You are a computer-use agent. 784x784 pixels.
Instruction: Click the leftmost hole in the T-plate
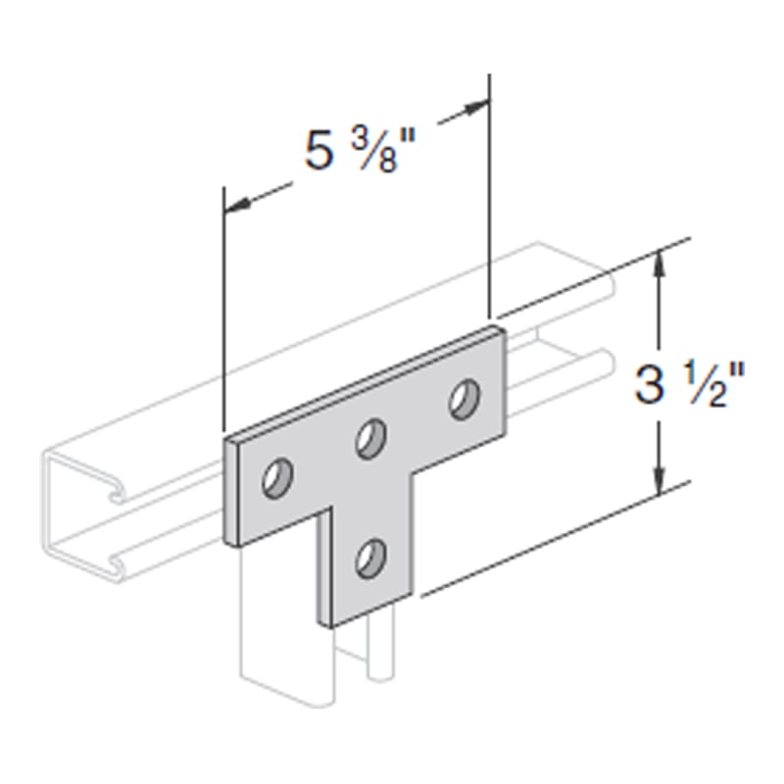coord(277,477)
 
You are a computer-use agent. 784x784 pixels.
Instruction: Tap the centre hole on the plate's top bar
coord(371,439)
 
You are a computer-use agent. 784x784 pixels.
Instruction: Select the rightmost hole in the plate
coord(465,400)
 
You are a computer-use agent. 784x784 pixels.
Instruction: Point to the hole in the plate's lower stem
coord(371,559)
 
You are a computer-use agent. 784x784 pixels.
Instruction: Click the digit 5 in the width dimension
coord(318,150)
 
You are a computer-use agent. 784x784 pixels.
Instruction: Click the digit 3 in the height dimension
coord(649,384)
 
